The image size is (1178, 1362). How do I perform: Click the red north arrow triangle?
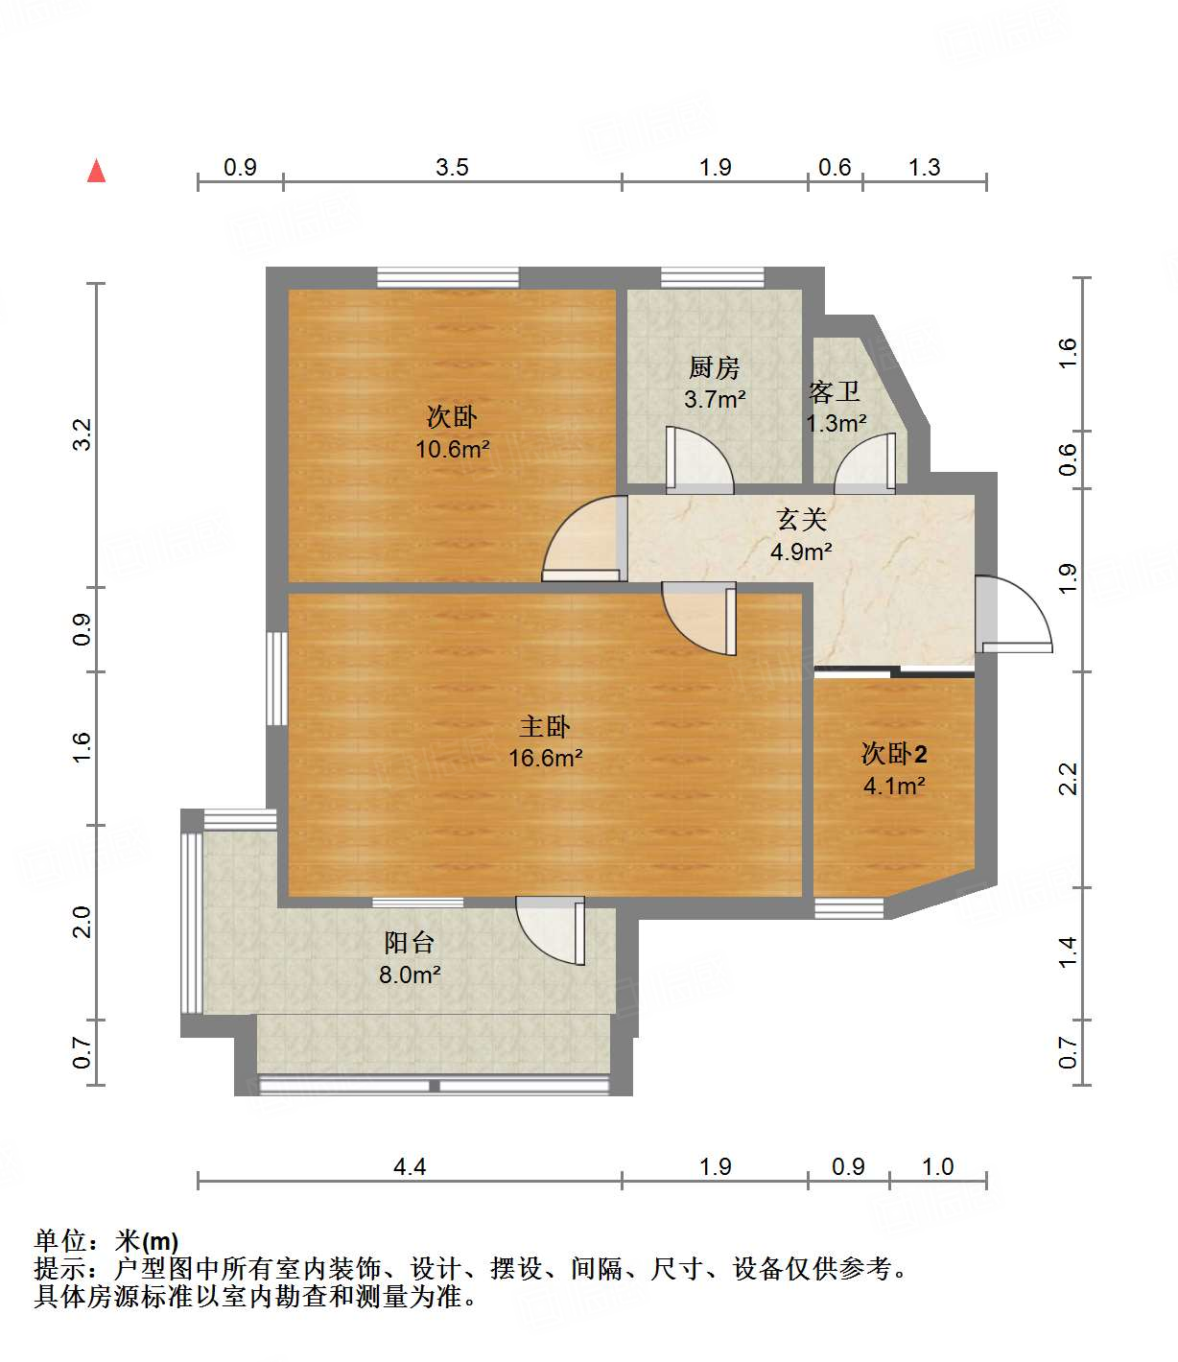[x=96, y=171]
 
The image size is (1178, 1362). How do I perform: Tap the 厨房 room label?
[x=715, y=367]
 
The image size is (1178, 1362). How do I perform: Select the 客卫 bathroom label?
[x=834, y=391]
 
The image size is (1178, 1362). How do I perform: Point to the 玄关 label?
[x=801, y=520]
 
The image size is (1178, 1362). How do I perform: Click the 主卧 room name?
[x=545, y=726]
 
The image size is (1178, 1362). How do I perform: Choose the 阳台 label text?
[x=410, y=943]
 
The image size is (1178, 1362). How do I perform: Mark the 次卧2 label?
[x=894, y=754]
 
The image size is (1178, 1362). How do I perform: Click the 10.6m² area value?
[x=452, y=449]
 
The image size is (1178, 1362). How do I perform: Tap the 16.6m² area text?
[x=545, y=759]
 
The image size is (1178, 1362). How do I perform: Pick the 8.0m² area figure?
[x=410, y=975]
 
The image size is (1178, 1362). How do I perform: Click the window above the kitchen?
[x=713, y=278]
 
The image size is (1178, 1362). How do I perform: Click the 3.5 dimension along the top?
[x=452, y=168]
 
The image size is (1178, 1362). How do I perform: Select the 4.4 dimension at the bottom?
[x=410, y=1166]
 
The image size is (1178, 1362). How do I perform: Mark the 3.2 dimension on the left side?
[x=82, y=434]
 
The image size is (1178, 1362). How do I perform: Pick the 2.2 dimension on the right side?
[x=1068, y=778]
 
